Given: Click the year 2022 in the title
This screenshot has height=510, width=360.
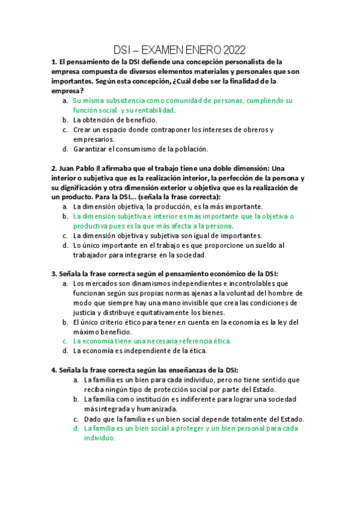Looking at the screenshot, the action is point(234,49).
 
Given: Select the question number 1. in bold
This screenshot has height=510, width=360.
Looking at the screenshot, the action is point(53,62).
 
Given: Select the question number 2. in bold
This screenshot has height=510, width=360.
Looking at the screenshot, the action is point(53,169).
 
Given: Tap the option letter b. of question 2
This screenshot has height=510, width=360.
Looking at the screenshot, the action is point(65,216).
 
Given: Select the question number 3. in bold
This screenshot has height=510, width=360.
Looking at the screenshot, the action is point(53,274).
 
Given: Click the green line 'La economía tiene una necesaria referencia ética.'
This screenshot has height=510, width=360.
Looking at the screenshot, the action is point(151,341).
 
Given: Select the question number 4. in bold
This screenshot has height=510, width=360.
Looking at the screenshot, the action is point(53,370).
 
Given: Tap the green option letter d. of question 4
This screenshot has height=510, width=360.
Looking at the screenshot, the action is point(76,428).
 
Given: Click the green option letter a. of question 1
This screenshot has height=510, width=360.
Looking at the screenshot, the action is point(65,101).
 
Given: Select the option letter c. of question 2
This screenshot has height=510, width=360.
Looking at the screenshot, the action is point(65,236).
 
